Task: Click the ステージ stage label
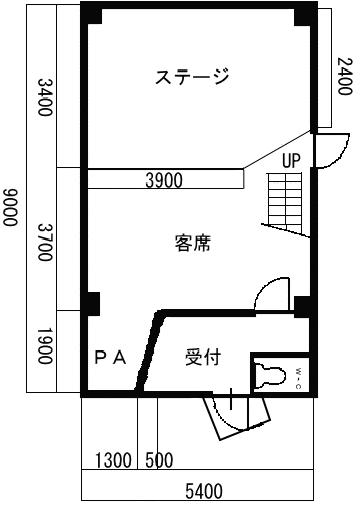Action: click(x=192, y=76)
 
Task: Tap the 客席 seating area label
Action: click(x=193, y=243)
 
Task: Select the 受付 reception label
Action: click(x=203, y=357)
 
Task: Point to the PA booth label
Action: click(x=110, y=358)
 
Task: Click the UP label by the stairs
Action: click(x=291, y=161)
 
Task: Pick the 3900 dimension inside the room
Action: click(x=164, y=180)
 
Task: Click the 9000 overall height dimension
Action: click(x=10, y=207)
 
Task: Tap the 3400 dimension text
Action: click(x=45, y=97)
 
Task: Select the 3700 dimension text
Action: click(x=45, y=242)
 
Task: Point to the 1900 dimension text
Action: click(x=45, y=346)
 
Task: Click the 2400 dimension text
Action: click(x=344, y=76)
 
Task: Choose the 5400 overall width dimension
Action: click(x=204, y=491)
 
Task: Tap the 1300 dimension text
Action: click(x=113, y=460)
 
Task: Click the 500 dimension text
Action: click(x=159, y=460)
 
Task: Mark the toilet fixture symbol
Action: click(x=271, y=376)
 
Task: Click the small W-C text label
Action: click(x=298, y=378)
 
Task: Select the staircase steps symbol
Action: click(x=286, y=204)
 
